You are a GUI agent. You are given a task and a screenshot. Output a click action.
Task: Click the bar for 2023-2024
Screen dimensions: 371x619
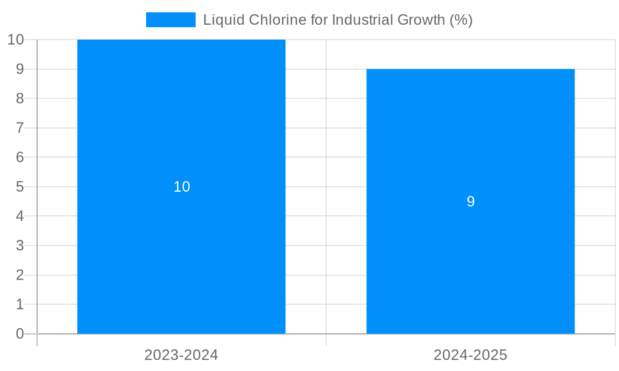(181, 247)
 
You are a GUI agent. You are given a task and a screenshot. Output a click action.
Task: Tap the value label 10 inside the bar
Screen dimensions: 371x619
(181, 187)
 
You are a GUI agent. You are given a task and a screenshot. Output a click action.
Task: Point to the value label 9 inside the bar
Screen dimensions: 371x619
(470, 202)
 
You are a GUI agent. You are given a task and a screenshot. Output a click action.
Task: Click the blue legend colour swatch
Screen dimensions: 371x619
(170, 20)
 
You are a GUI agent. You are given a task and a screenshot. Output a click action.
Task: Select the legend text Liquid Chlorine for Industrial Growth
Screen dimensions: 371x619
(337, 20)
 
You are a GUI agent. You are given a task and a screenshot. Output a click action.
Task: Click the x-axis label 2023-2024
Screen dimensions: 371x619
(181, 355)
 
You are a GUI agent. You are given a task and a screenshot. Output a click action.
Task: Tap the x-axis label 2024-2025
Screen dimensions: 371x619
(470, 355)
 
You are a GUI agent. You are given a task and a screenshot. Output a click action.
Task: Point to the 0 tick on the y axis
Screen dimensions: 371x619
(20, 334)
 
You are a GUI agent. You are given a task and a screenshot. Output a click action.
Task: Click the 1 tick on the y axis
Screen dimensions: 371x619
(20, 304)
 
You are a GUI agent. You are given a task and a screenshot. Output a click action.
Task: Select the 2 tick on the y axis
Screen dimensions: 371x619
(20, 275)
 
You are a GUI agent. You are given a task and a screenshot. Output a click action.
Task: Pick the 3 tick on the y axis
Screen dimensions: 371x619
(20, 245)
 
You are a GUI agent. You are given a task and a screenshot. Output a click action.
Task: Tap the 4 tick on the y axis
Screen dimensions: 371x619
(20, 216)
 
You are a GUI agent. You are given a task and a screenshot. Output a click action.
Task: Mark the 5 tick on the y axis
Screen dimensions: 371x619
(20, 187)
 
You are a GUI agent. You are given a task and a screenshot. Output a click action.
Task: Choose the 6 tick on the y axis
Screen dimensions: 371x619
(20, 157)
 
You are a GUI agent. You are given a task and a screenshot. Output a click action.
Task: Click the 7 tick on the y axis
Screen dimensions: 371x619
(20, 128)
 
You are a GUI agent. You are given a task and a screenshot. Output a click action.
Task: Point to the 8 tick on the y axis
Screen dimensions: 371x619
(20, 98)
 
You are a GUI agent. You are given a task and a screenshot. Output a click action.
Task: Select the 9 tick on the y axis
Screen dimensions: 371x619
(20, 69)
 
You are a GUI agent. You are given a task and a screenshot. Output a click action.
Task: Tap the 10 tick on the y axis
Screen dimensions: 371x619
(15, 40)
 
